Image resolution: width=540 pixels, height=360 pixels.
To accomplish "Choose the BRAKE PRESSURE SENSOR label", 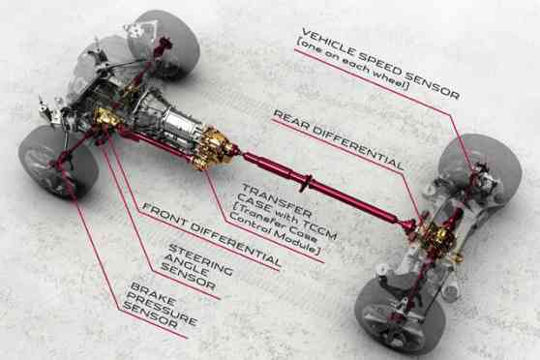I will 155,308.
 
